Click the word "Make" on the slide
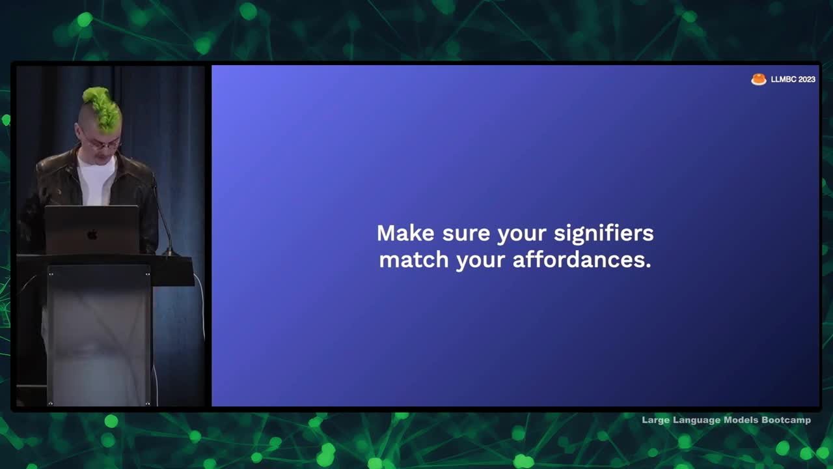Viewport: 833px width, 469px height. (x=405, y=233)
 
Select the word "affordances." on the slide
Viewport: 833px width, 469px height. (x=582, y=259)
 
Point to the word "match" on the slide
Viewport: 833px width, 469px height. (x=413, y=259)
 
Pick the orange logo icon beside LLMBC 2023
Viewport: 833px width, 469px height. (x=759, y=79)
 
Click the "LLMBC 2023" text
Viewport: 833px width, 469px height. (x=793, y=79)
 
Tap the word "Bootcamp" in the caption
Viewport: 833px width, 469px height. (x=785, y=420)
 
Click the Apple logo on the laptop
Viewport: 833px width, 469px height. (x=92, y=235)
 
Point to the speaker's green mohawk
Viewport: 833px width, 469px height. (x=103, y=109)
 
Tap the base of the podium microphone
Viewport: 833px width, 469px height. (x=170, y=253)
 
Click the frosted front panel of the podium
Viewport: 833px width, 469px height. (x=99, y=335)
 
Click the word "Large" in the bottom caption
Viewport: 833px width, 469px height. (x=656, y=421)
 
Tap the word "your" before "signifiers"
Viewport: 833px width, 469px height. (x=522, y=235)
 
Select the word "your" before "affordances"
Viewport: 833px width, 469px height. (x=480, y=261)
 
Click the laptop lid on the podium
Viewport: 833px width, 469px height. (x=92, y=230)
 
